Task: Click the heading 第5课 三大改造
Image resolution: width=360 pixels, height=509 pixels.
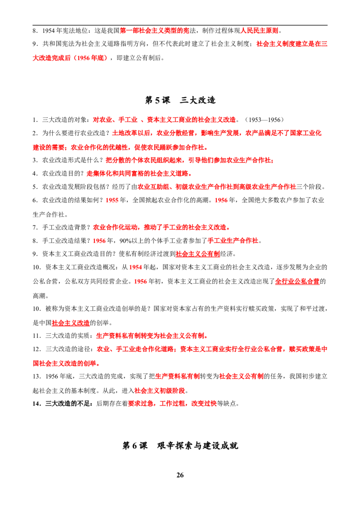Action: coord(180,100)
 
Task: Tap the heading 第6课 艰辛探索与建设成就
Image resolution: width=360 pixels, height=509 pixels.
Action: coord(180,445)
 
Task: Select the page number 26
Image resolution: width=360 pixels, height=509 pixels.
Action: coord(180,475)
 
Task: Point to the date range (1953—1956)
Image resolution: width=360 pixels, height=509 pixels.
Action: coord(264,120)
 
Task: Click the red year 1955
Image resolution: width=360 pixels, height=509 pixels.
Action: coord(112,200)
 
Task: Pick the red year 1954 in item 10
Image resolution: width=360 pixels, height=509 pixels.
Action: coord(135,267)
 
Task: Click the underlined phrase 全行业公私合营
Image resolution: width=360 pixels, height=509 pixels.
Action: coord(297,281)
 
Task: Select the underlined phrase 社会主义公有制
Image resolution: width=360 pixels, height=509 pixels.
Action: coord(198,254)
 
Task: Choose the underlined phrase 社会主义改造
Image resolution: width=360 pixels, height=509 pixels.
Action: coord(71,323)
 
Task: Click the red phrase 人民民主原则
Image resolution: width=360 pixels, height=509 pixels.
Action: coord(259,31)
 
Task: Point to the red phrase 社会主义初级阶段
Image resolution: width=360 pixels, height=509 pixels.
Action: coord(160,390)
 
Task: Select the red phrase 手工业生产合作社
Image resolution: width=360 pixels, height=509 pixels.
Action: coord(233,241)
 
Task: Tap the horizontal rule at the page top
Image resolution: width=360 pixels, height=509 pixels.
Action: coord(180,25)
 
